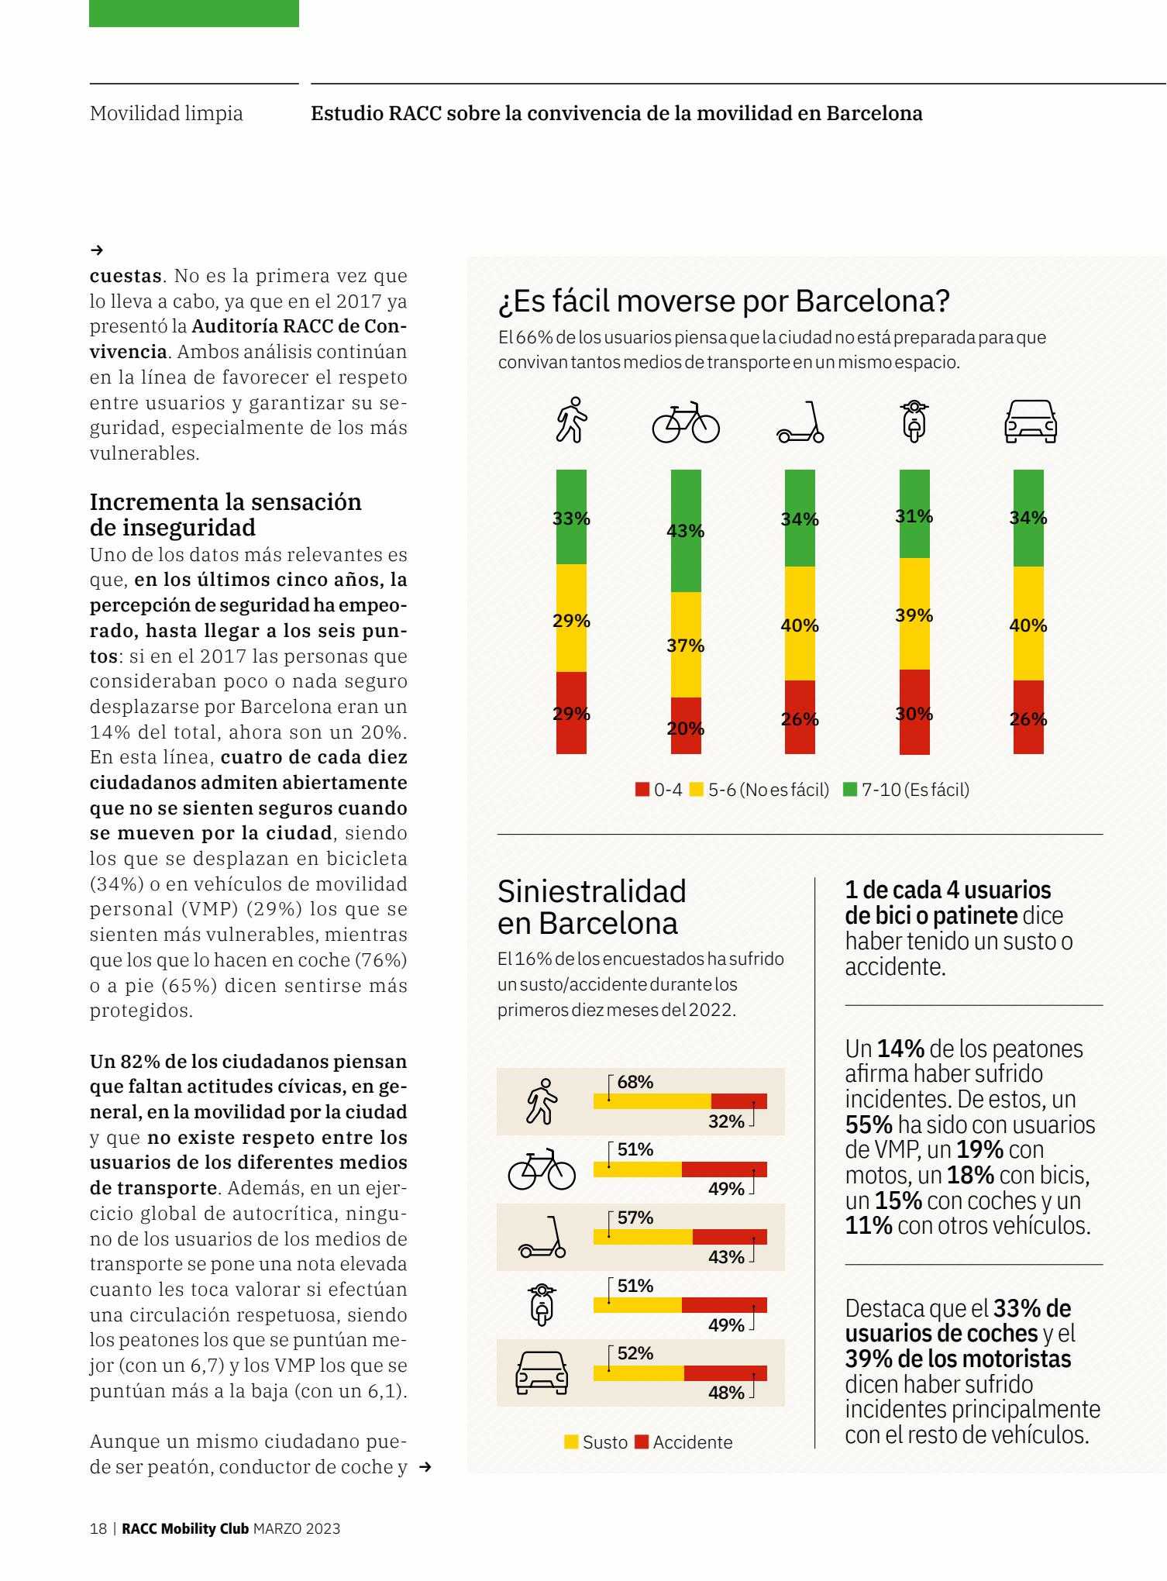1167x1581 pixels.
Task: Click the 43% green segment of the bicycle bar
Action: pyautogui.click(x=686, y=531)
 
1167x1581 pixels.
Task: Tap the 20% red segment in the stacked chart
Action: pyautogui.click(x=686, y=725)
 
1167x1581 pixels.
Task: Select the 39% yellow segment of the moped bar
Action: pyautogui.click(x=914, y=614)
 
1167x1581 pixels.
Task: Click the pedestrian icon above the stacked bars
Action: pyautogui.click(x=572, y=420)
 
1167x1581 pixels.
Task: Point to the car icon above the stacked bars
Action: pyautogui.click(x=1030, y=422)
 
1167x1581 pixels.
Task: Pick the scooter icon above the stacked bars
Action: pyautogui.click(x=800, y=422)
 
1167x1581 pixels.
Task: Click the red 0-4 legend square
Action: pyautogui.click(x=642, y=790)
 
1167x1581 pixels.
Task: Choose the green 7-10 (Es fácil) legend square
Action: pyautogui.click(x=850, y=790)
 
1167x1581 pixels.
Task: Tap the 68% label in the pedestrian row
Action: pyautogui.click(x=635, y=1082)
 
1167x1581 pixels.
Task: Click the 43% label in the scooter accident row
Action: pyautogui.click(x=726, y=1257)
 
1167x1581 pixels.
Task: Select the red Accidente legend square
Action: pyautogui.click(x=642, y=1441)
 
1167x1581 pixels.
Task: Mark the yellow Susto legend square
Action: pyautogui.click(x=571, y=1441)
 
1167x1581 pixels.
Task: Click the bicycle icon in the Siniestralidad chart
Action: pyautogui.click(x=542, y=1169)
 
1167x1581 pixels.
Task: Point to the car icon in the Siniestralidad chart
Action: pyautogui.click(x=542, y=1373)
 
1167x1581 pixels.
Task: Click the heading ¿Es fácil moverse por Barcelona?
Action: pyautogui.click(x=724, y=301)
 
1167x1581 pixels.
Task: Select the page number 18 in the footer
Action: pyautogui.click(x=98, y=1529)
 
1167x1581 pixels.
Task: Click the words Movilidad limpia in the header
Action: pyautogui.click(x=167, y=113)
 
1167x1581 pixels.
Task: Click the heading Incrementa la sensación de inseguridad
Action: pyautogui.click(x=225, y=514)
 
